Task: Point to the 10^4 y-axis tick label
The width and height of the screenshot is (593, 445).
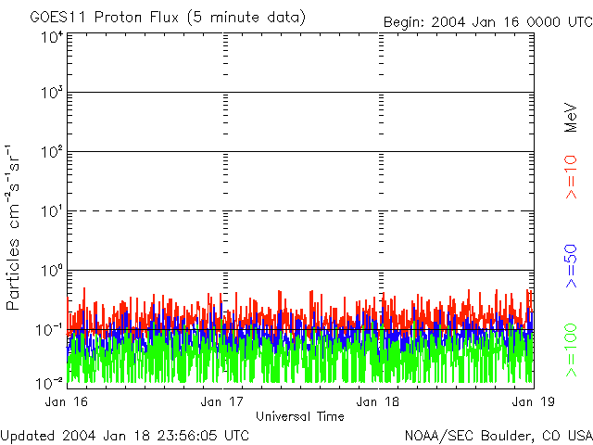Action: (x=51, y=37)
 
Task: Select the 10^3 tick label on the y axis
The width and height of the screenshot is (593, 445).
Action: (x=51, y=94)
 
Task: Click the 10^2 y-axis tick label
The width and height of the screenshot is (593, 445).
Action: (x=51, y=152)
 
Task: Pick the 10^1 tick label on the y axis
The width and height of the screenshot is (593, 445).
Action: (x=52, y=210)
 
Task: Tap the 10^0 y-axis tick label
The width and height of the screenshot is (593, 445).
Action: (x=51, y=270)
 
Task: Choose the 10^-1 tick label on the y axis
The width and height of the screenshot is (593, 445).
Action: (x=50, y=328)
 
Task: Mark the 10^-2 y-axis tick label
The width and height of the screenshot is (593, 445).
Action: (x=50, y=382)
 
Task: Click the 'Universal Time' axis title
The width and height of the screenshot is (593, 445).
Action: (x=299, y=416)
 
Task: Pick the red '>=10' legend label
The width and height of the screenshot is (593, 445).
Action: (x=572, y=177)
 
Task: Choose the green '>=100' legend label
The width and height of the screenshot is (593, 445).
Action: (x=572, y=350)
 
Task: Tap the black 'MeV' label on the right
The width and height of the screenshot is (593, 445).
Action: (x=572, y=118)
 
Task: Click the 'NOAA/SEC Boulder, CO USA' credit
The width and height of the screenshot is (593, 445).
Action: (x=498, y=435)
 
